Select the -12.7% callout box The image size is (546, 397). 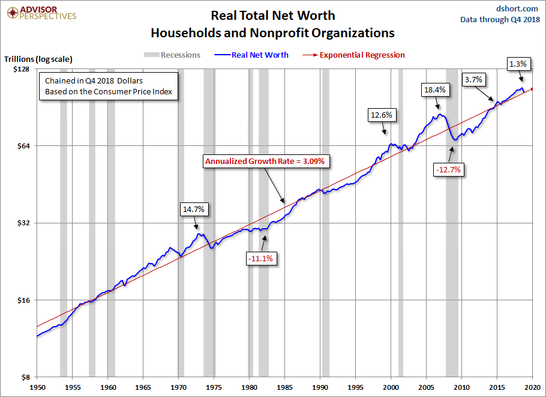[x=448, y=169]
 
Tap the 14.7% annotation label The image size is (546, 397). [x=194, y=210]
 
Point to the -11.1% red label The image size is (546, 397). [x=260, y=258]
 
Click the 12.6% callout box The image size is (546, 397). [x=382, y=115]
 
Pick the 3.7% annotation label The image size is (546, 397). [x=474, y=79]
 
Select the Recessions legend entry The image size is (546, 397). [x=172, y=55]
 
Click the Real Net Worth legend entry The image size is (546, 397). [x=260, y=55]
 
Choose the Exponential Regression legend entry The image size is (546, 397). [x=362, y=55]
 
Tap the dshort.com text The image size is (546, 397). [x=518, y=8]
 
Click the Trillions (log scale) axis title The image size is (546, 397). [x=38, y=59]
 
